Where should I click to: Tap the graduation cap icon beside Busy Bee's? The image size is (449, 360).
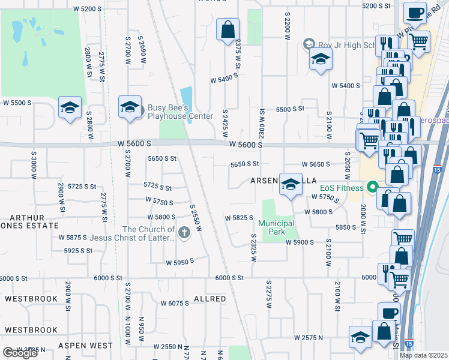130,107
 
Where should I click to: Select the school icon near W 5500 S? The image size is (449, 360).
70,108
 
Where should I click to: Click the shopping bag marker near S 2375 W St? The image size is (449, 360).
228,29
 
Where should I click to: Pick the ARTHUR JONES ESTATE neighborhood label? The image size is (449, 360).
29,221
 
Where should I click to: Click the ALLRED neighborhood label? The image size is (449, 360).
209,299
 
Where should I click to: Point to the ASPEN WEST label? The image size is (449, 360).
85,346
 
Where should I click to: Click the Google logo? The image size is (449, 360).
19,353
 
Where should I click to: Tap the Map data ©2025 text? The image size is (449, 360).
423,355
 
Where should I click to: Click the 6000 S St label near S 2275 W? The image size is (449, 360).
229,278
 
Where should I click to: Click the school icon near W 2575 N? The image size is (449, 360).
360,338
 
